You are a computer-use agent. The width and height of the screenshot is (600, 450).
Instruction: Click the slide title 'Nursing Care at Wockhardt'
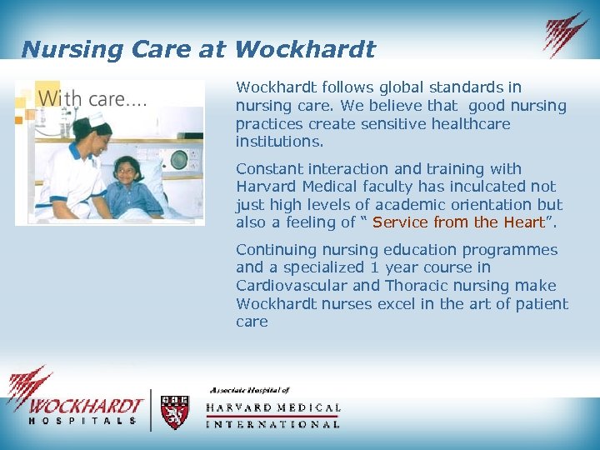pos(198,49)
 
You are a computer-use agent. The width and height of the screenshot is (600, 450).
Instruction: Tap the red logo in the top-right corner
pos(566,34)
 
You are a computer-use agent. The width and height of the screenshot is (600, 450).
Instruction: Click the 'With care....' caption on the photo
pos(92,98)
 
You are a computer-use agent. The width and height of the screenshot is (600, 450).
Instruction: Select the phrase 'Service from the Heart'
pos(457,222)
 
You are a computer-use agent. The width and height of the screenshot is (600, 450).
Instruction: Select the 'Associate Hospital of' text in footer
pos(249,390)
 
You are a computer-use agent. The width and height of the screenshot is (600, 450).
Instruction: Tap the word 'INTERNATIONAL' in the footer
pos(272,423)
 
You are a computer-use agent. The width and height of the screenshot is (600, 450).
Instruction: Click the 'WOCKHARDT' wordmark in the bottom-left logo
pos(84,406)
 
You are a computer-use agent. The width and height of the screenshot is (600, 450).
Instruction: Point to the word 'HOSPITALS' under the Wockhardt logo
pos(82,421)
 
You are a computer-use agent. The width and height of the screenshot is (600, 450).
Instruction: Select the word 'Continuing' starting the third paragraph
pos(274,250)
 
